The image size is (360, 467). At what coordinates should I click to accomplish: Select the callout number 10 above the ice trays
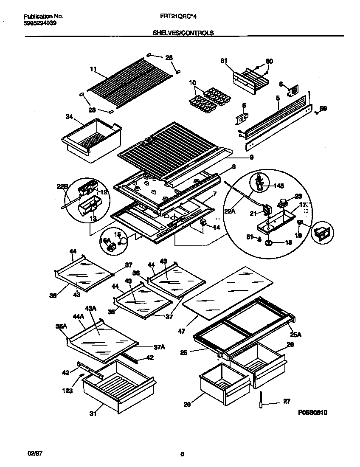tap(192, 82)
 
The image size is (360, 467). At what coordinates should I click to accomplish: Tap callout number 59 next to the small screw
tap(323, 109)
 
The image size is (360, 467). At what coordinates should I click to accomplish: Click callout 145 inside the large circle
tap(278, 185)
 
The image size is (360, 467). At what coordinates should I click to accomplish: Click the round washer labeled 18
tap(268, 242)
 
